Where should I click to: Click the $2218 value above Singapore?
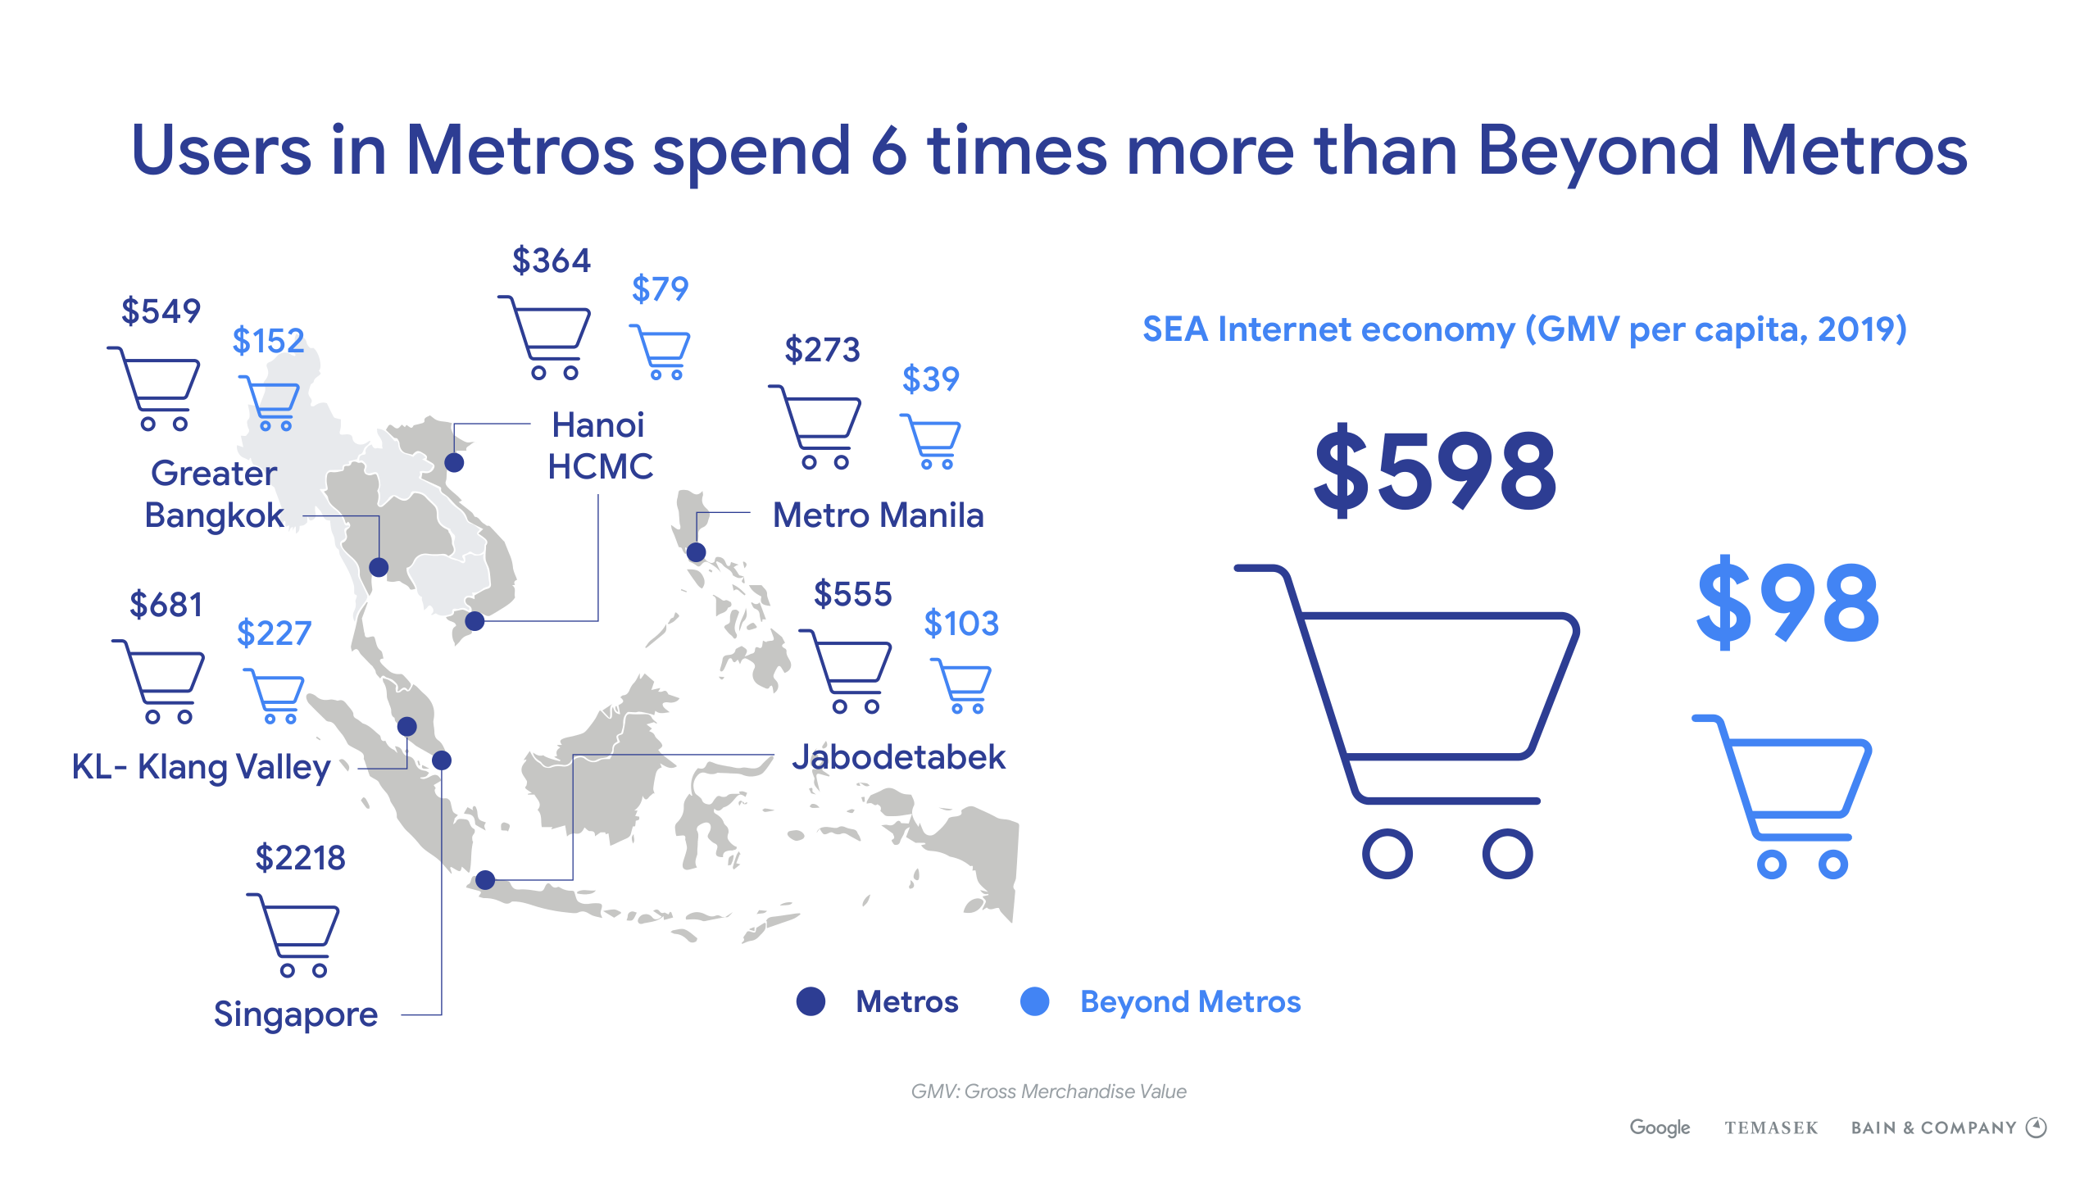[300, 858]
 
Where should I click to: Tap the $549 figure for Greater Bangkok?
[161, 311]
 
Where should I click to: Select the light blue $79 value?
[660, 288]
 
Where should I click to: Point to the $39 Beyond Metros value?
[930, 379]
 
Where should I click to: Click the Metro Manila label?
[878, 515]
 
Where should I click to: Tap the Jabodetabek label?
[898, 756]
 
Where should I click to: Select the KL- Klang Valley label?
[201, 767]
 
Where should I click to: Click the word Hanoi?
[598, 424]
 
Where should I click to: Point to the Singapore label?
[296, 1014]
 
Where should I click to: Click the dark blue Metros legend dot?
[811, 1001]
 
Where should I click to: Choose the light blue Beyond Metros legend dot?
[1035, 1001]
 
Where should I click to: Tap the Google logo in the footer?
[1660, 1128]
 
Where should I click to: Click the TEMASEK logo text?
[1771, 1128]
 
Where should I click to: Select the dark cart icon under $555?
[846, 672]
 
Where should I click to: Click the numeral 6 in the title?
[889, 151]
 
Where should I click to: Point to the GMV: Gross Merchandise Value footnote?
[1049, 1091]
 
